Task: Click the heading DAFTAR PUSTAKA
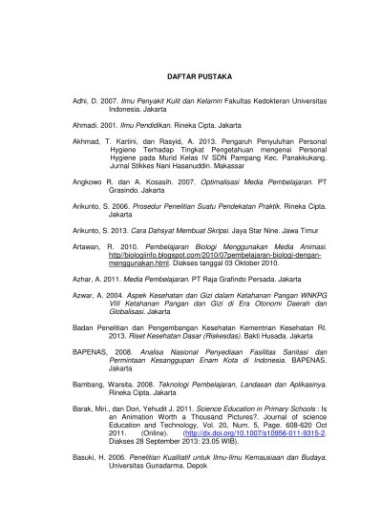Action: coord(191,75)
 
